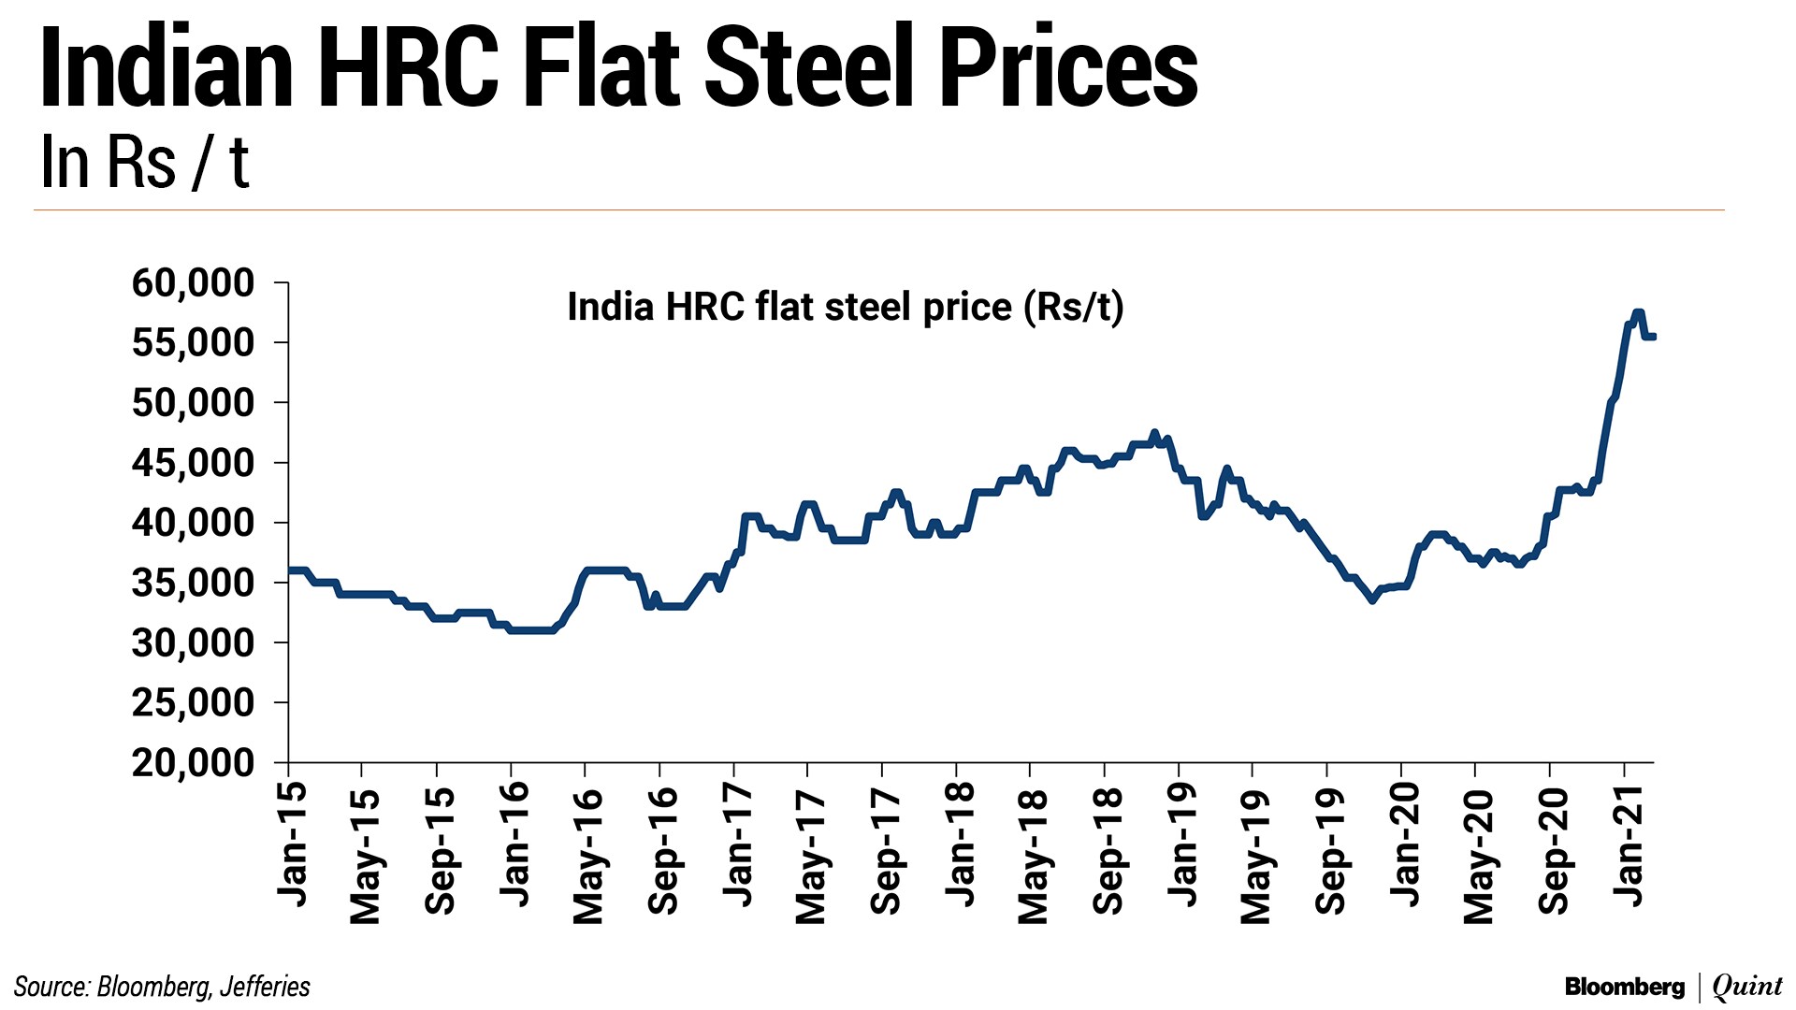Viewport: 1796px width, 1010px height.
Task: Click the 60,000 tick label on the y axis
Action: pyautogui.click(x=193, y=282)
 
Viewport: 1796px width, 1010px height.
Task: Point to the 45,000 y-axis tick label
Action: pyautogui.click(x=193, y=463)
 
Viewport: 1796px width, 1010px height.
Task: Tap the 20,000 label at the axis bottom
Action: pyautogui.click(x=193, y=763)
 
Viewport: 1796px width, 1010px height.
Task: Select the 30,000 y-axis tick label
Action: pyautogui.click(x=193, y=643)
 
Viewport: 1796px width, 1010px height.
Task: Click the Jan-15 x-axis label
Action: pyautogui.click(x=292, y=844)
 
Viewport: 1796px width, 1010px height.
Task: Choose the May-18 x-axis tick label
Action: pyautogui.click(x=1033, y=857)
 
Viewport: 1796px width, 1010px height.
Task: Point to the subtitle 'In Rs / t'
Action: pyautogui.click(x=145, y=163)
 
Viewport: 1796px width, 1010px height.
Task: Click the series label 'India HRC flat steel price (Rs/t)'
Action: pyautogui.click(x=845, y=307)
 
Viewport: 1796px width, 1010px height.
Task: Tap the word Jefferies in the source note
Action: pyautogui.click(x=265, y=987)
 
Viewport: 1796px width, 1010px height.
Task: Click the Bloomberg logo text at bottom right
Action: pyautogui.click(x=1624, y=987)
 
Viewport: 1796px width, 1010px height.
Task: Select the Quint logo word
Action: pyautogui.click(x=1747, y=987)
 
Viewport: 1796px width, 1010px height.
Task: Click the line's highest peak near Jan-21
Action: pyautogui.click(x=1637, y=312)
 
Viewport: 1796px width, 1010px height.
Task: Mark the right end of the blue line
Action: pyautogui.click(x=1653, y=337)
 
